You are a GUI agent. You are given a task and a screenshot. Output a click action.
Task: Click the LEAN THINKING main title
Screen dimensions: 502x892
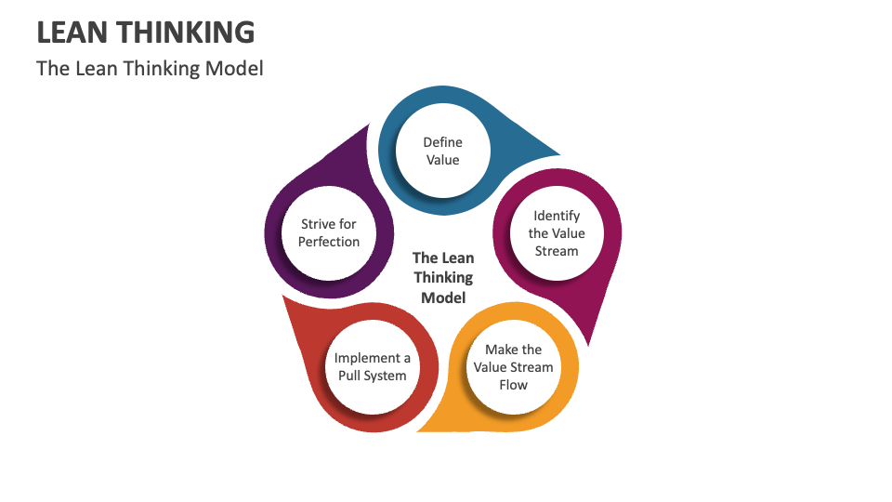145,33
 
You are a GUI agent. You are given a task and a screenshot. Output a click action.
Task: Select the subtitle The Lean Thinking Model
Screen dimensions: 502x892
150,69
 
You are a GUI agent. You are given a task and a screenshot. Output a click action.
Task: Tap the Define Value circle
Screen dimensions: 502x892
442,151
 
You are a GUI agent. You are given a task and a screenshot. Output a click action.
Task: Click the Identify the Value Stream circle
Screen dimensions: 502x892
557,233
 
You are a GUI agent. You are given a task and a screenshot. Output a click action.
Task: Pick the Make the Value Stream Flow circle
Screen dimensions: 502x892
513,367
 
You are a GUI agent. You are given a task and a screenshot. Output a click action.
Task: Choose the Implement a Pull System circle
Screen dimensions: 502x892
372,367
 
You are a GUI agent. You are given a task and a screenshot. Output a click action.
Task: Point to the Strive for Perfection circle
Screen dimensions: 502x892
328,233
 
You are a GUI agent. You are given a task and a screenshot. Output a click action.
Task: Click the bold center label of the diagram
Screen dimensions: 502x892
443,278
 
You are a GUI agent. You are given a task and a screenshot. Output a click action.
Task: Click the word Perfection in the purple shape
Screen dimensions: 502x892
328,242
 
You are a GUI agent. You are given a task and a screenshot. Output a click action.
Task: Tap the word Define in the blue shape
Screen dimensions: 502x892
442,142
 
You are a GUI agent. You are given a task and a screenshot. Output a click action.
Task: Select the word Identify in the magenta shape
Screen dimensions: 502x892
557,216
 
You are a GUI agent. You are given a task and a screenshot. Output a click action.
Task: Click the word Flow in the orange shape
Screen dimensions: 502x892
513,385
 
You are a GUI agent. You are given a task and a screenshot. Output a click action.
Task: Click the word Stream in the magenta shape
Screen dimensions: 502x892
557,251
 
